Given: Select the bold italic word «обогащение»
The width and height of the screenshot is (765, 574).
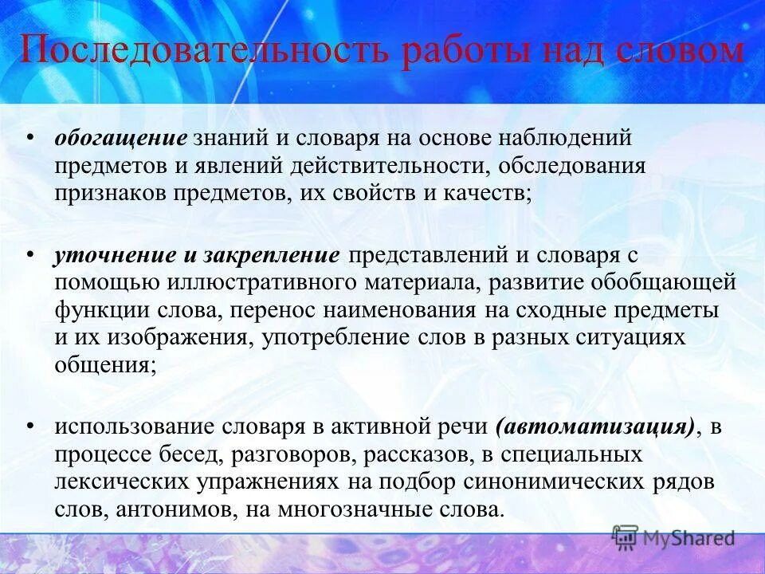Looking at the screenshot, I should pyautogui.click(x=120, y=138).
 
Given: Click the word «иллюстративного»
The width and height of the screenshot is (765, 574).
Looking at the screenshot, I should pyautogui.click(x=258, y=283).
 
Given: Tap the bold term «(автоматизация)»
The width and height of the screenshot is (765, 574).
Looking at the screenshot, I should pyautogui.click(x=594, y=427).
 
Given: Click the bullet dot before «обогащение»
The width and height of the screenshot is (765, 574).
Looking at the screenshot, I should pyautogui.click(x=29, y=136).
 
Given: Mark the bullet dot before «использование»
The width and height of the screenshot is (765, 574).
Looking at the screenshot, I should pyautogui.click(x=29, y=427).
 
